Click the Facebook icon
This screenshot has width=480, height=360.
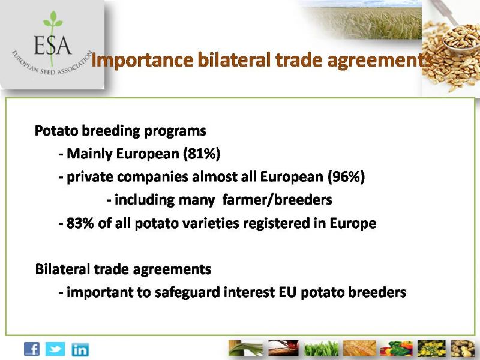tap(32, 349)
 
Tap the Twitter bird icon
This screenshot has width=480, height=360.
tap(55, 349)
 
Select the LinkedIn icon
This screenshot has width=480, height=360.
tap(80, 349)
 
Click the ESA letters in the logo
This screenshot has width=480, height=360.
tap(53, 46)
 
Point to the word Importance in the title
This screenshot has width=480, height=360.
tap(142, 60)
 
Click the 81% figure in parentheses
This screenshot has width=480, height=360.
tap(202, 154)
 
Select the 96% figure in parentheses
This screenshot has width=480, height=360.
tap(346, 176)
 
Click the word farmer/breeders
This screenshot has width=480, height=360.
tap(277, 200)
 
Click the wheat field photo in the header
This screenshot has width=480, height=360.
tap(361, 20)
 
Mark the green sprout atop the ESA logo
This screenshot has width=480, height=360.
tap(53, 19)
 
